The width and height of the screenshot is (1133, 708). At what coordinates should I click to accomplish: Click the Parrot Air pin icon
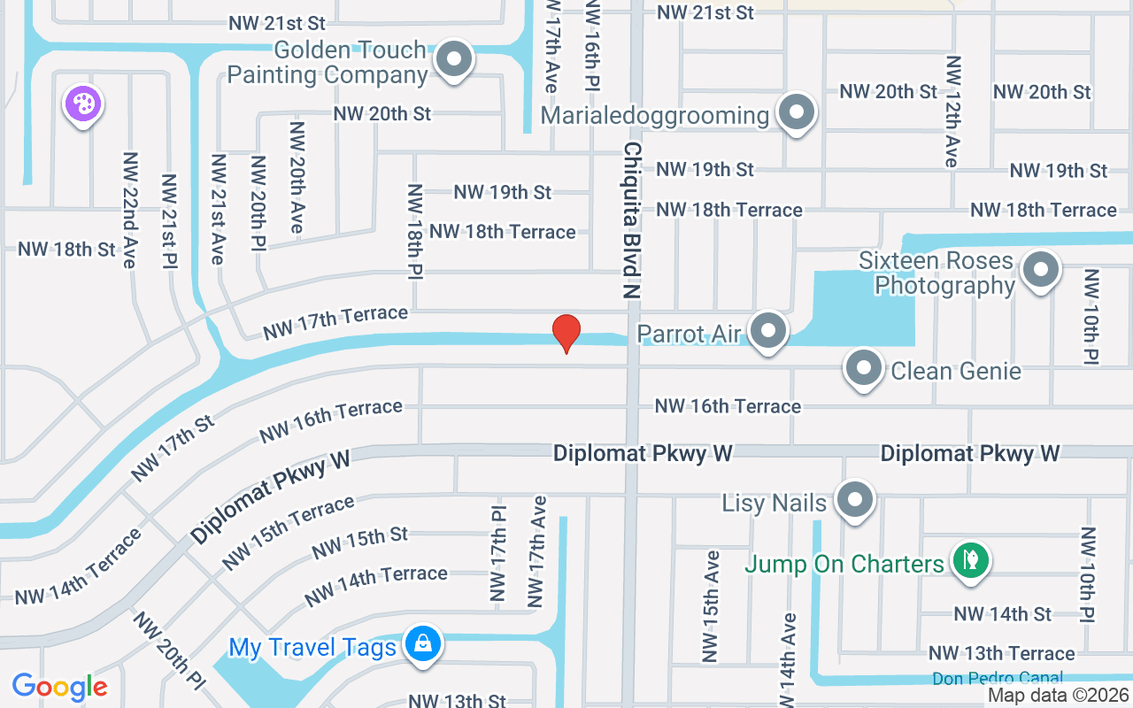pos(768,331)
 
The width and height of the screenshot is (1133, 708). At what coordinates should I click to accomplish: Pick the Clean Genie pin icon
pos(864,367)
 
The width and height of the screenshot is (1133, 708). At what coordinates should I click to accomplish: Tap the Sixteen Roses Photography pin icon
pos(1040,269)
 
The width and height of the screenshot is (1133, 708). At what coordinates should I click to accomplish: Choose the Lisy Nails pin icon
pos(854,499)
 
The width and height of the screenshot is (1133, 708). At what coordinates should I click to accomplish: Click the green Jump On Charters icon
pos(971,559)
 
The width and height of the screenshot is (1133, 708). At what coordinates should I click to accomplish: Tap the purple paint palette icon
pos(82,104)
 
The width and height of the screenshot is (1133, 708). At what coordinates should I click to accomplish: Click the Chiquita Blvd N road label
pos(632,219)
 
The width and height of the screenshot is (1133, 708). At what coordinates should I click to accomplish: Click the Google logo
pos(59,687)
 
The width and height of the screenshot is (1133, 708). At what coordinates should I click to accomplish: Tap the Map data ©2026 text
pos(1059,696)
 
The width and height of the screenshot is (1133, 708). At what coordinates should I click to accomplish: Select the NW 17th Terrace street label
pos(335,323)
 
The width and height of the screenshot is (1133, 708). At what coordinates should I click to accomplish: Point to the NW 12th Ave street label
pos(952,112)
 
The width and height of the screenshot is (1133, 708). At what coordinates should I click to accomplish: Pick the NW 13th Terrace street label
pos(1001,653)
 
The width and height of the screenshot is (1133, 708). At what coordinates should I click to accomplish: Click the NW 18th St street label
pos(66,250)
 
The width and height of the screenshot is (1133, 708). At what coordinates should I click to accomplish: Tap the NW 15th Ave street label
pos(712,606)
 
